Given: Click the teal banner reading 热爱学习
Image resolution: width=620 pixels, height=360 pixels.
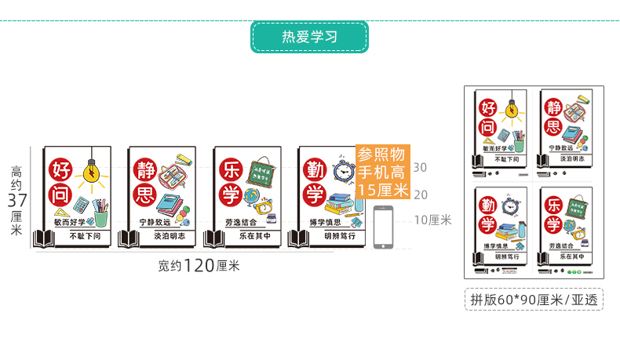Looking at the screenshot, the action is [x=309, y=37].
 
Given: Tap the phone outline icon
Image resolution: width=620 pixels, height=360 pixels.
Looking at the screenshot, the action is [x=384, y=227].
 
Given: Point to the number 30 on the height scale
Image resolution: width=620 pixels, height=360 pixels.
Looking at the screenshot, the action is [x=420, y=167].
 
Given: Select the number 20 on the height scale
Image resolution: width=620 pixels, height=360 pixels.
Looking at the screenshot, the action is [x=420, y=194].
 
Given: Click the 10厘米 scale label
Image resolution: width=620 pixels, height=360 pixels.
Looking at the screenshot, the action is [x=429, y=220].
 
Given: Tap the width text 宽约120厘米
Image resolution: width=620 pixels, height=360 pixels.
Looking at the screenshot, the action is [x=199, y=266].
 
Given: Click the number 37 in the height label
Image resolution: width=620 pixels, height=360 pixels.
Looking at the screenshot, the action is [x=16, y=200].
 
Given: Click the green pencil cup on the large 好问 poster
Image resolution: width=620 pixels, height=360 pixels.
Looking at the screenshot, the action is [x=100, y=213].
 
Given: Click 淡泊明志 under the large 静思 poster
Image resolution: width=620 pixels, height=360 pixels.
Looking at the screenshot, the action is [x=170, y=235].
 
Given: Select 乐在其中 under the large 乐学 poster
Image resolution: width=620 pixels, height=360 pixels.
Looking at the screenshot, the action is [x=254, y=235].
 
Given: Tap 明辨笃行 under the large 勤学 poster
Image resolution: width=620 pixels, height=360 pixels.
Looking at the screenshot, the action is [x=340, y=235].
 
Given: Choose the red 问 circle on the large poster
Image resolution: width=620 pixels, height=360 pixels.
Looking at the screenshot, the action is [x=61, y=195].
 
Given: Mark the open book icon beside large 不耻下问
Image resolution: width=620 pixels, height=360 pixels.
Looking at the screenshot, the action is [x=42, y=238].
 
